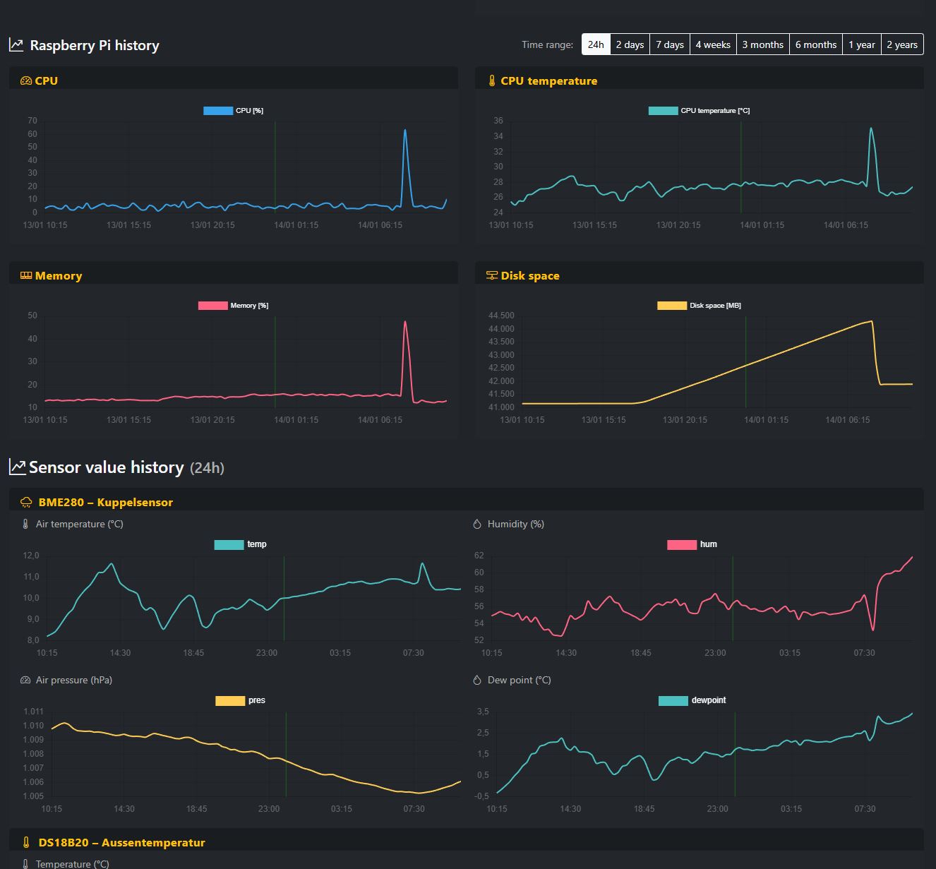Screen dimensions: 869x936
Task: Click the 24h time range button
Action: (596, 44)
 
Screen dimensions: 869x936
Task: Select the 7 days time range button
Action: (669, 44)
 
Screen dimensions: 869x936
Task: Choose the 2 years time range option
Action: (901, 44)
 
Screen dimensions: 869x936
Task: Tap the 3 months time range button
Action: (762, 44)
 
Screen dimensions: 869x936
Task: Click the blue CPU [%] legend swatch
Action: (218, 111)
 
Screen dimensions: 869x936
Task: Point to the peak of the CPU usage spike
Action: (405, 130)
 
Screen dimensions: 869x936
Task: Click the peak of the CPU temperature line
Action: (871, 128)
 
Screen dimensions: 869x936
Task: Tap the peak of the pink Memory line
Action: (405, 323)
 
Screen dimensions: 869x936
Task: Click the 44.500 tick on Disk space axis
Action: (501, 316)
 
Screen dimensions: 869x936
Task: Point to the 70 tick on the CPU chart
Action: (32, 121)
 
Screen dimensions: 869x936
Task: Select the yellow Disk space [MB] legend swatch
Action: (671, 306)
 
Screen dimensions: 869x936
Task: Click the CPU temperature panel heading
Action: (548, 81)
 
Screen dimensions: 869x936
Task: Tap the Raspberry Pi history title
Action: (94, 45)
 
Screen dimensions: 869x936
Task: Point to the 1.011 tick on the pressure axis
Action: (33, 712)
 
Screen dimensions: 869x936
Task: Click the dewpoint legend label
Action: (708, 700)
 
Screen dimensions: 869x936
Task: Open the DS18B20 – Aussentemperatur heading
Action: (121, 842)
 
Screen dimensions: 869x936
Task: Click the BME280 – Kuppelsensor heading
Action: (105, 503)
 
